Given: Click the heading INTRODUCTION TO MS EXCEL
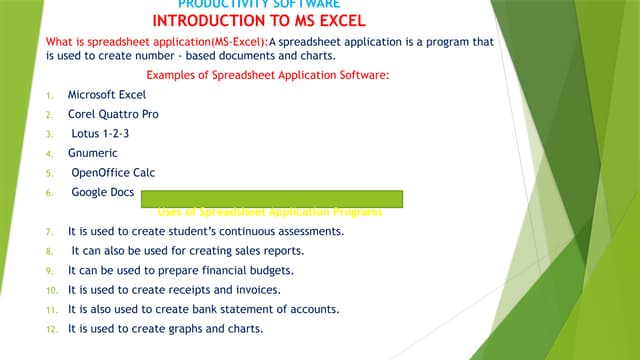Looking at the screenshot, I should pyautogui.click(x=260, y=20).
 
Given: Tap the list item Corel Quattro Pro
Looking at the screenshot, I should pyautogui.click(x=113, y=114).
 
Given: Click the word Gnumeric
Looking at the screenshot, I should pyautogui.click(x=93, y=153).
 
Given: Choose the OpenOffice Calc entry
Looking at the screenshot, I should pyautogui.click(x=113, y=172).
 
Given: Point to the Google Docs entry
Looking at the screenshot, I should pyautogui.click(x=101, y=191).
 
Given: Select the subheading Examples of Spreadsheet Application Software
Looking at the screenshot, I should pyautogui.click(x=275, y=76).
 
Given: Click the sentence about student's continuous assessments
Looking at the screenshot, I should pyautogui.click(x=206, y=231).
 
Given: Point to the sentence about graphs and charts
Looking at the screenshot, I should pyautogui.click(x=165, y=329).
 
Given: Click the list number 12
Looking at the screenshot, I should pyautogui.click(x=50, y=330).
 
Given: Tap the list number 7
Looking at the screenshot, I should pyautogui.click(x=50, y=232).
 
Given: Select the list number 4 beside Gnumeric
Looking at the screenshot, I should pyautogui.click(x=50, y=154).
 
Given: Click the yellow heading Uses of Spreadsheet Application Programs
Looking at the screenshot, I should pyautogui.click(x=270, y=211).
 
